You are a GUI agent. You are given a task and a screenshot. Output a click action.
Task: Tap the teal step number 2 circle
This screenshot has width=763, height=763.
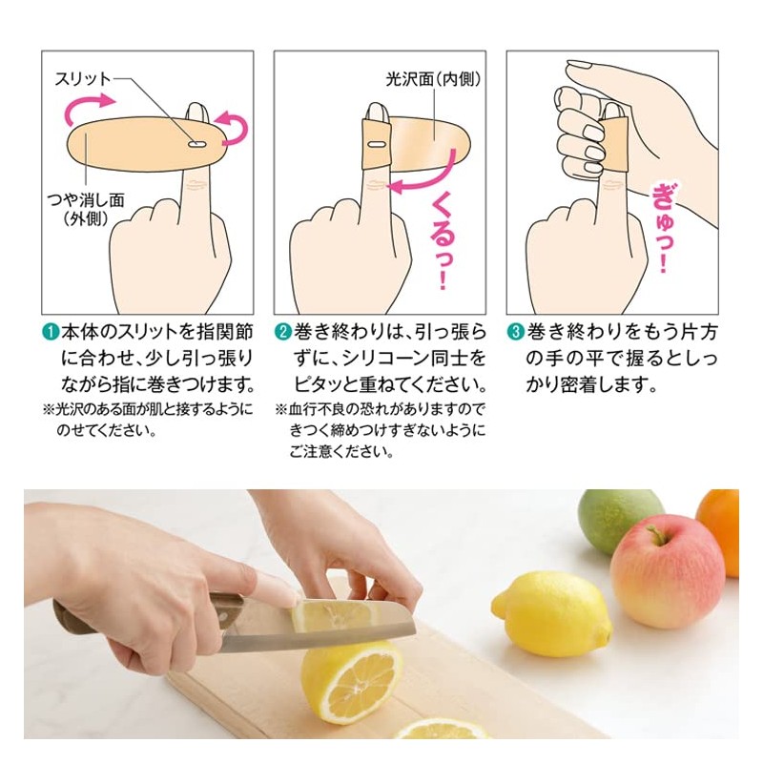tap(282, 333)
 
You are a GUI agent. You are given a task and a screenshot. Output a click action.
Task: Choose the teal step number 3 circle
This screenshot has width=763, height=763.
tap(515, 333)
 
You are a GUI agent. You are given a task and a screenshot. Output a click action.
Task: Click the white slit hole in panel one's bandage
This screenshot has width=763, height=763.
tap(196, 144)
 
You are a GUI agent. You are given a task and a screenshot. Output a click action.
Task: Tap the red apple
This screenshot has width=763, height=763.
tap(667, 571)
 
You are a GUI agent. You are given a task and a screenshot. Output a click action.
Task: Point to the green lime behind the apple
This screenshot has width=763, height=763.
tap(619, 520)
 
